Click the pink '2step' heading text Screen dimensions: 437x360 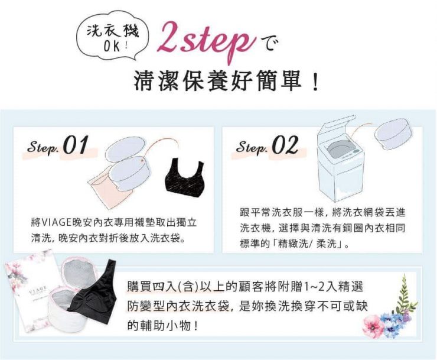click(206, 42)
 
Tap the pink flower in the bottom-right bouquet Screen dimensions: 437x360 click(373, 325)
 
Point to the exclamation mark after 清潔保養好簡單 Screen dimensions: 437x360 click(315, 82)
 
